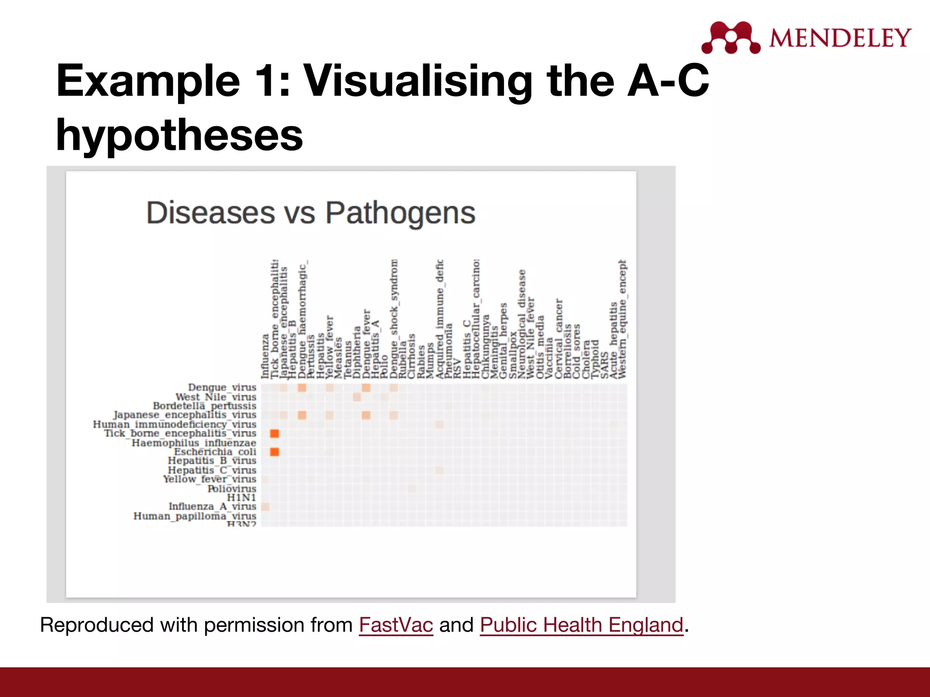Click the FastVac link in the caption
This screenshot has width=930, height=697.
pyautogui.click(x=396, y=625)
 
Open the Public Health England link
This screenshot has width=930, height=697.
pyautogui.click(x=581, y=625)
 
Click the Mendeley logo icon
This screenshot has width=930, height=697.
pyautogui.click(x=731, y=37)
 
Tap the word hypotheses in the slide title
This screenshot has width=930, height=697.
pyautogui.click(x=179, y=135)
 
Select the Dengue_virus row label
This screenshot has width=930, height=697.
pyautogui.click(x=222, y=387)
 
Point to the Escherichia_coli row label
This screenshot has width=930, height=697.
pyautogui.click(x=215, y=452)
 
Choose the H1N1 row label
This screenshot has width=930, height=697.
pyautogui.click(x=242, y=497)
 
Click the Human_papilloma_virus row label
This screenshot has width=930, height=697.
pyautogui.click(x=195, y=516)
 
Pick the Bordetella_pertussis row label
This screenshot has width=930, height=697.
pyautogui.click(x=204, y=406)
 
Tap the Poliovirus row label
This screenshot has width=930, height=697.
pyautogui.click(x=232, y=488)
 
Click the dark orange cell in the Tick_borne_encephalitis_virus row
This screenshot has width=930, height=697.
pyautogui.click(x=274, y=433)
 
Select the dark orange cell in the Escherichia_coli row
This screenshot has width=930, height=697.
pyautogui.click(x=274, y=452)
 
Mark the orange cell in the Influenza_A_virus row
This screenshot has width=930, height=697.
pyautogui.click(x=265, y=506)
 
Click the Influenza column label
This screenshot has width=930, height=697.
pyautogui.click(x=265, y=357)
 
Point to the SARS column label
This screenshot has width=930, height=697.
pyautogui.click(x=604, y=365)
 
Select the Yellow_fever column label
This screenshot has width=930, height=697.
pyautogui.click(x=330, y=347)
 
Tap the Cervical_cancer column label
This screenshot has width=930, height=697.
pyautogui.click(x=559, y=338)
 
